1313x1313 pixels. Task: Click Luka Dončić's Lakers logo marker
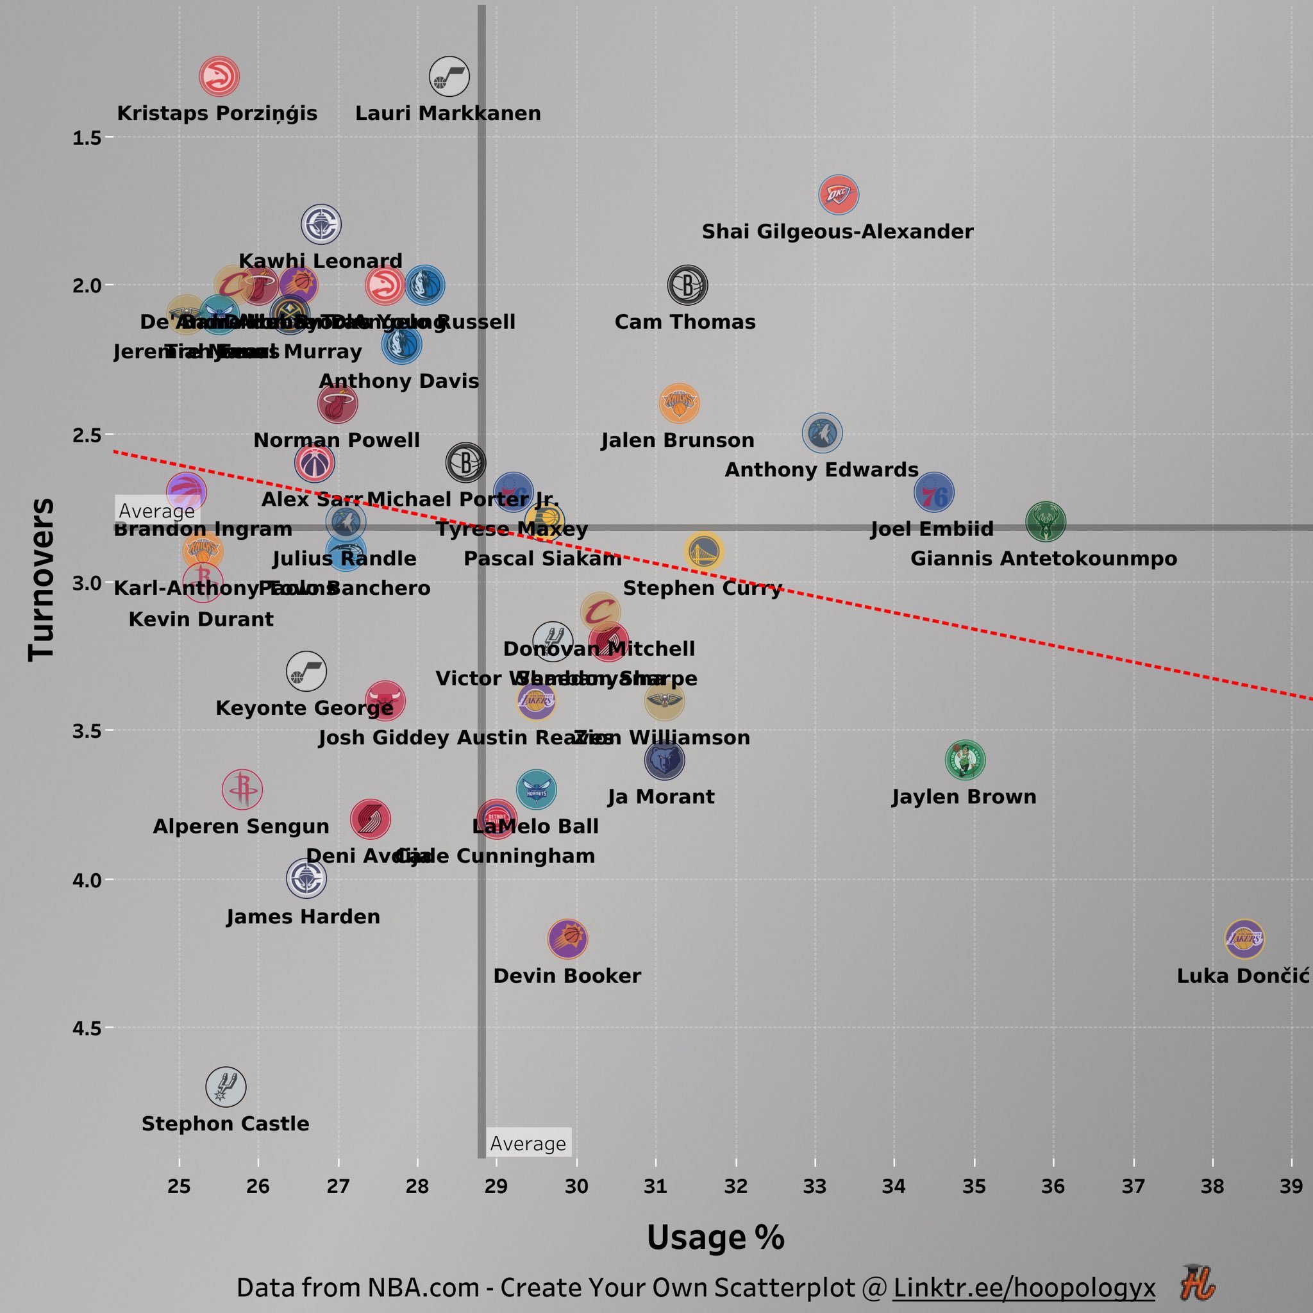[x=1244, y=939]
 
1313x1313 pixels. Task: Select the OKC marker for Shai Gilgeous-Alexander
[x=839, y=195]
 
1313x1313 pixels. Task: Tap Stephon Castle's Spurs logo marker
[x=226, y=1087]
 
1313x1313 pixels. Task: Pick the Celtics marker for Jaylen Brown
[x=965, y=760]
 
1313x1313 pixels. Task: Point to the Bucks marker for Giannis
[x=1045, y=522]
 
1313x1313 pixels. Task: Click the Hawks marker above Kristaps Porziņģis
[x=219, y=77]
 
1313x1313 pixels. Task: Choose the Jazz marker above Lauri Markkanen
[x=449, y=77]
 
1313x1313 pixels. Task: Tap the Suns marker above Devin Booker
[x=567, y=939]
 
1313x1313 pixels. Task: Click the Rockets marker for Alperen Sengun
[x=242, y=790]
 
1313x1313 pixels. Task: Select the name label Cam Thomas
[x=685, y=321]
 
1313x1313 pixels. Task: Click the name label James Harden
[x=303, y=917]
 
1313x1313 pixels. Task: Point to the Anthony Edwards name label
[x=821, y=469]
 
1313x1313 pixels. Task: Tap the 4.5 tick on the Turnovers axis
[x=87, y=1028]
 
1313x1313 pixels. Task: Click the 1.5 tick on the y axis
[x=87, y=138]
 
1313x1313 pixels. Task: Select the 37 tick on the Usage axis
[x=1133, y=1186]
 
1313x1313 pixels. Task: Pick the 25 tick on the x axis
[x=180, y=1186]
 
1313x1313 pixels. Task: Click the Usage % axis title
[x=715, y=1237]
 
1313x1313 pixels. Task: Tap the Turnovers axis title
[x=41, y=579]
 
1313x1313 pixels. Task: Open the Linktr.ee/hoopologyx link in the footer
[x=1023, y=1287]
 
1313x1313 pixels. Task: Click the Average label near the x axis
[x=528, y=1144]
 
